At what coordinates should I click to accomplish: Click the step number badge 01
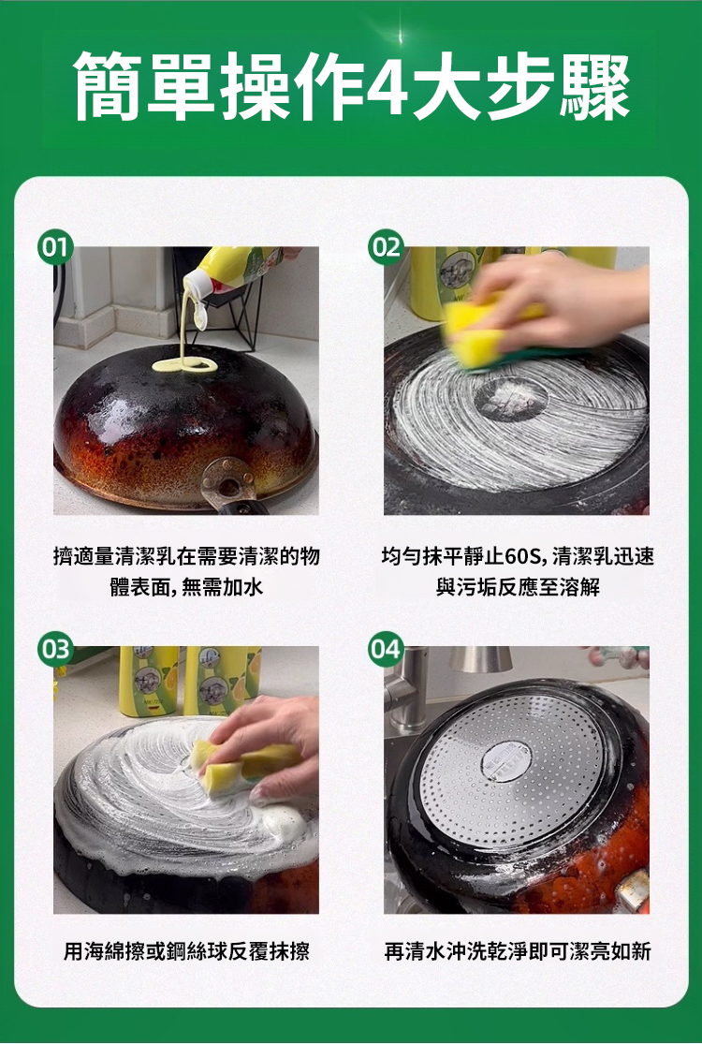54,248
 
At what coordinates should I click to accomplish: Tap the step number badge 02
386,248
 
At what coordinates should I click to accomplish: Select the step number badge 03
54,649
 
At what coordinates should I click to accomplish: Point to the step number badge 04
386,649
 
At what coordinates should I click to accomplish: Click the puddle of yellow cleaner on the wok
184,365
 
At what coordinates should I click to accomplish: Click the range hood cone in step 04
480,658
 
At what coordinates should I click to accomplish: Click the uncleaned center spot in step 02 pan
511,399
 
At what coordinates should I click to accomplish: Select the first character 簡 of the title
107,87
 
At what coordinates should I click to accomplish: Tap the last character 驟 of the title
594,87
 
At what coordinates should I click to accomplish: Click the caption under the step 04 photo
517,950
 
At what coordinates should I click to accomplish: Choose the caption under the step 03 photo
186,950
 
